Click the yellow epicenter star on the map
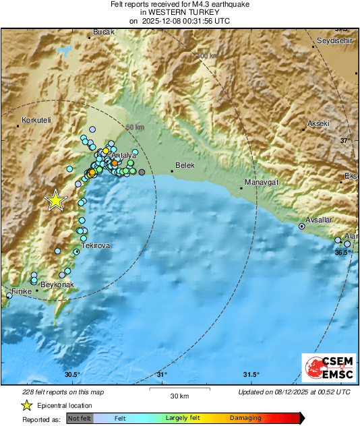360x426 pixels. pyautogui.click(x=55, y=200)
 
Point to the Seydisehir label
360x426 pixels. pyautogui.click(x=335, y=41)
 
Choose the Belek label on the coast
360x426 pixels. pyautogui.click(x=184, y=164)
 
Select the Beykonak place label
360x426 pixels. pyautogui.click(x=57, y=285)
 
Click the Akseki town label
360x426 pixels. pyautogui.click(x=318, y=124)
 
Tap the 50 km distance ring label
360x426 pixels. pyautogui.click(x=136, y=127)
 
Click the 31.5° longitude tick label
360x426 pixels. pyautogui.click(x=251, y=375)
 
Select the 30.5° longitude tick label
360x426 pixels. pyautogui.click(x=73, y=375)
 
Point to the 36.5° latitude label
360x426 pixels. pyautogui.click(x=342, y=252)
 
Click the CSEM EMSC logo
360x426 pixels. pyautogui.click(x=326, y=368)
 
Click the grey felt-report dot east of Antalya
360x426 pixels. pyautogui.click(x=151, y=173)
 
